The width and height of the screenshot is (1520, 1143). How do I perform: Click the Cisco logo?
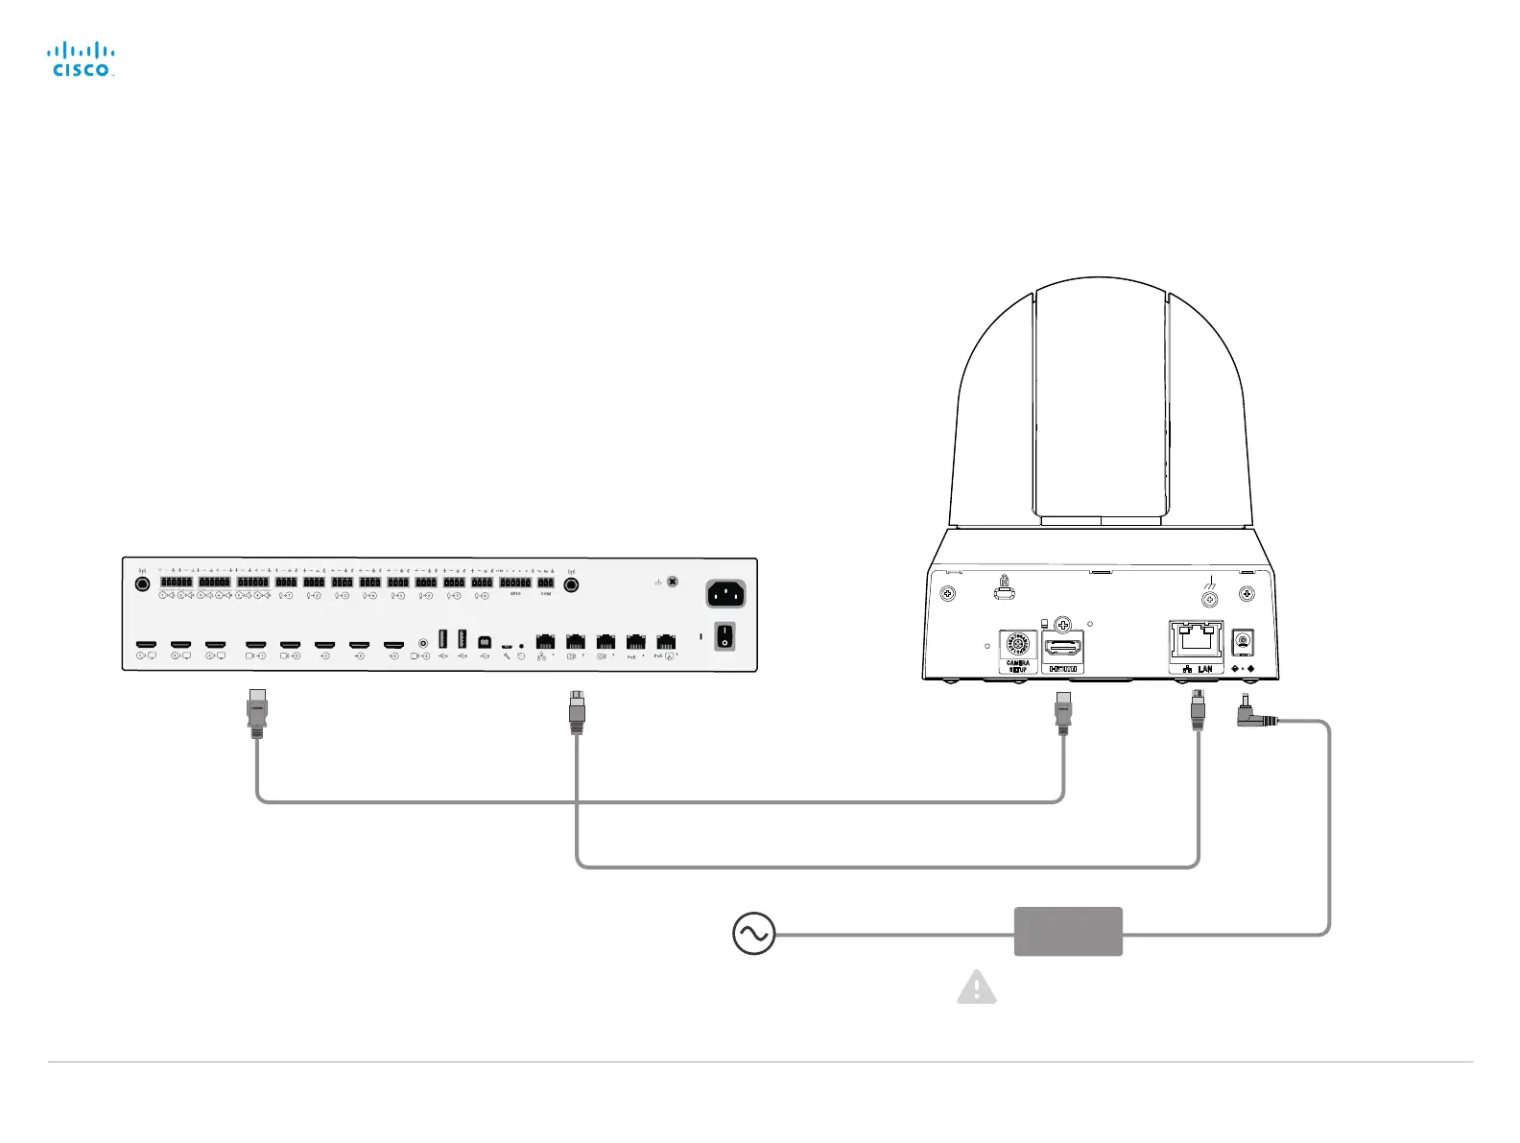point(82,60)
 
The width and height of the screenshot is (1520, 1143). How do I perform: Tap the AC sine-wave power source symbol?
point(753,933)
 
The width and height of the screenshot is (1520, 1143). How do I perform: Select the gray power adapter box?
point(1068,931)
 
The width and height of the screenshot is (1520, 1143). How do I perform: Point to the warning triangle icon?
point(977,988)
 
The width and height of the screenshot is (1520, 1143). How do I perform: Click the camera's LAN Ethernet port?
point(1196,640)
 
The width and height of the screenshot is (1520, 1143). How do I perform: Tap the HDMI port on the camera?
point(1062,648)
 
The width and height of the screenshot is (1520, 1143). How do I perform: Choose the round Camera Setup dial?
point(1017,645)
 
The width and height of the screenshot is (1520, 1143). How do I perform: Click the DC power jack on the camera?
point(1243,641)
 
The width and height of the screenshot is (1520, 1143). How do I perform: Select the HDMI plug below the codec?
point(256,712)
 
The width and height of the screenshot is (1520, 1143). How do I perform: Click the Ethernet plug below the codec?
point(577,711)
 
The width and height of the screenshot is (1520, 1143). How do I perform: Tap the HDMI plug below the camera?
point(1062,712)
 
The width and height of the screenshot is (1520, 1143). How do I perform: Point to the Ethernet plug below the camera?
point(1197,711)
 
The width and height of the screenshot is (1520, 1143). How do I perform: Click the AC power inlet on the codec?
point(725,594)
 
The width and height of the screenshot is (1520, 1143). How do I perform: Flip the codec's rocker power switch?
point(725,635)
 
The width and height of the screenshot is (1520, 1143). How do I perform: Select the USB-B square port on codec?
point(484,640)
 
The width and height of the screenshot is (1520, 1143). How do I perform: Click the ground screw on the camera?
point(1210,599)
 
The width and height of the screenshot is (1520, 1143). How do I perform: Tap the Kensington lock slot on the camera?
point(1005,593)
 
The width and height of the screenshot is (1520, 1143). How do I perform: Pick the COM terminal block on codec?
point(545,583)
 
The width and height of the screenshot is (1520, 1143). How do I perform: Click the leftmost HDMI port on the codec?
point(146,644)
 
